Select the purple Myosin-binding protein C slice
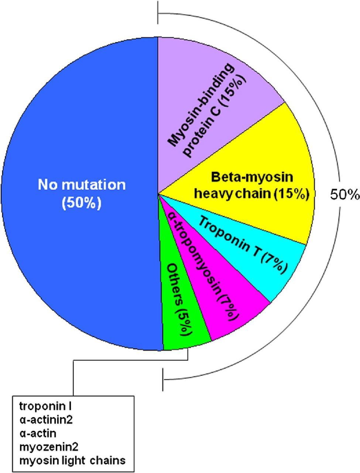(x=222, y=92)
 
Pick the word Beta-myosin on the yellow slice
(x=252, y=177)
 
